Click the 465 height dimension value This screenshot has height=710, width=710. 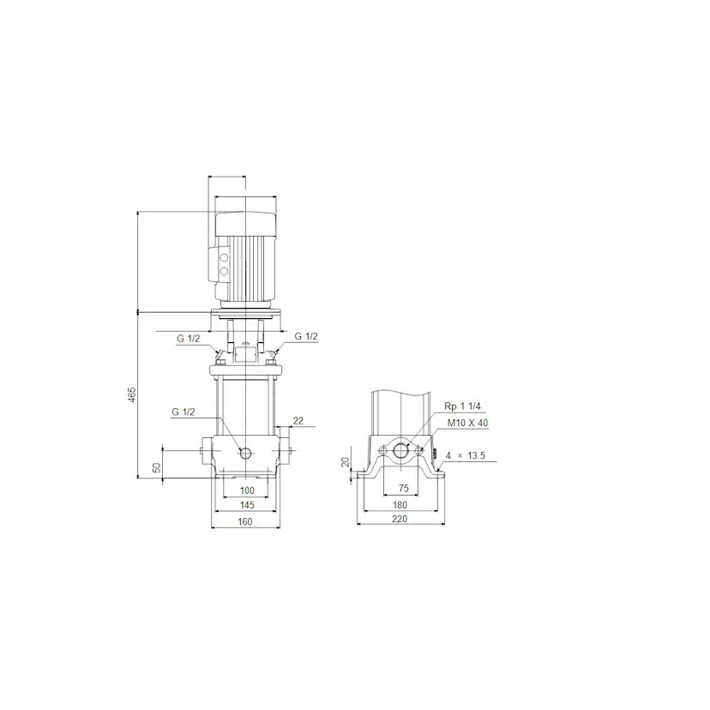tap(132, 395)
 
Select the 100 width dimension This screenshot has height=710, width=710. tap(247, 490)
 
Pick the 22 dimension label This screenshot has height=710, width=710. tap(298, 419)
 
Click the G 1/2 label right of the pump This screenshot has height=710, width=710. tap(306, 337)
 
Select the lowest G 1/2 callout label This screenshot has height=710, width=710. tap(184, 412)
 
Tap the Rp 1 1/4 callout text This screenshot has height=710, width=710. tap(460, 406)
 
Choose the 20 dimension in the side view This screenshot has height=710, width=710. tap(346, 462)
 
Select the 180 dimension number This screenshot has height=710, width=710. tap(400, 504)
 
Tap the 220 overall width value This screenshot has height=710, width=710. tap(400, 520)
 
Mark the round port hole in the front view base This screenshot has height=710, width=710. tap(247, 452)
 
